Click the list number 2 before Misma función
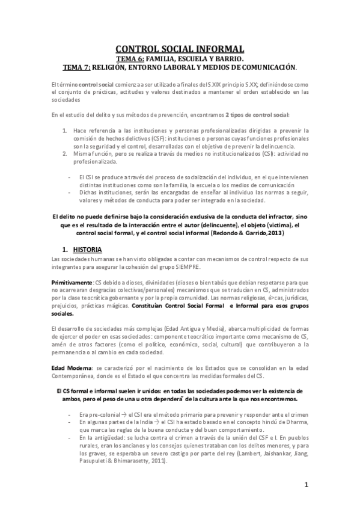click(x=65, y=153)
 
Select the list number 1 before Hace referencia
click(x=65, y=130)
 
